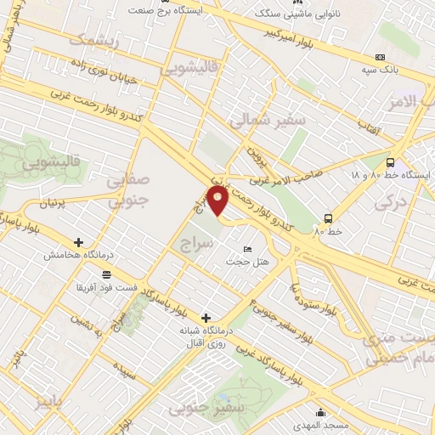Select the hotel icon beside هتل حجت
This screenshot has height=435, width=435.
247,248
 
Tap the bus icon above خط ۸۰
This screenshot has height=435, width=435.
328,217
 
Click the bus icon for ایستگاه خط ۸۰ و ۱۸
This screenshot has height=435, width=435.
390,162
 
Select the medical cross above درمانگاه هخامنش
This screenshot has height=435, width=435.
79,242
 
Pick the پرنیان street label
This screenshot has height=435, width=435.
53,204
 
